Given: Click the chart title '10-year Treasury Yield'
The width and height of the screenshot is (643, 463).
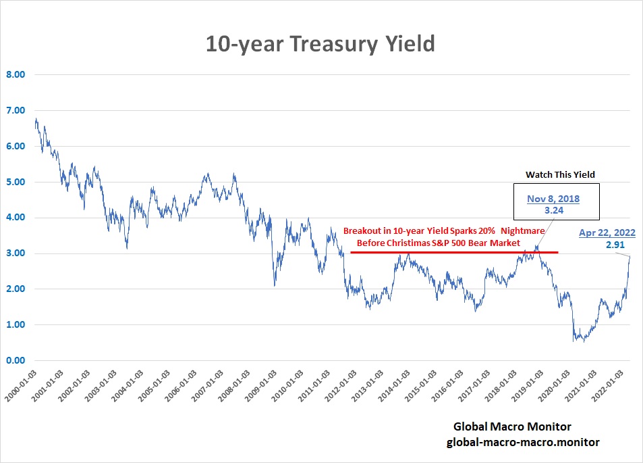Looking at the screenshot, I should point(320,44).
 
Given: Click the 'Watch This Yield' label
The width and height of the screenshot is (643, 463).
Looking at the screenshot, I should point(560,174).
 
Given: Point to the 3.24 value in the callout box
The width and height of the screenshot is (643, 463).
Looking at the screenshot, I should point(553,210).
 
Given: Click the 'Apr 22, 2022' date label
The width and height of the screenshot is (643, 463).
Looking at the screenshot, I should point(607,233).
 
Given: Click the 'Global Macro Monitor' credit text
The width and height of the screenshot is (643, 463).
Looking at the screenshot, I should point(512,427).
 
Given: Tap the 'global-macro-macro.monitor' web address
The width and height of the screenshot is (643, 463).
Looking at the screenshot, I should point(523,441).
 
